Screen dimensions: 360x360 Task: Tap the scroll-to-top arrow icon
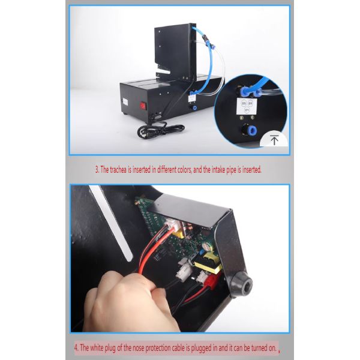point(274,141)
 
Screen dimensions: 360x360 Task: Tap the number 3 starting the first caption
point(98,170)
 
